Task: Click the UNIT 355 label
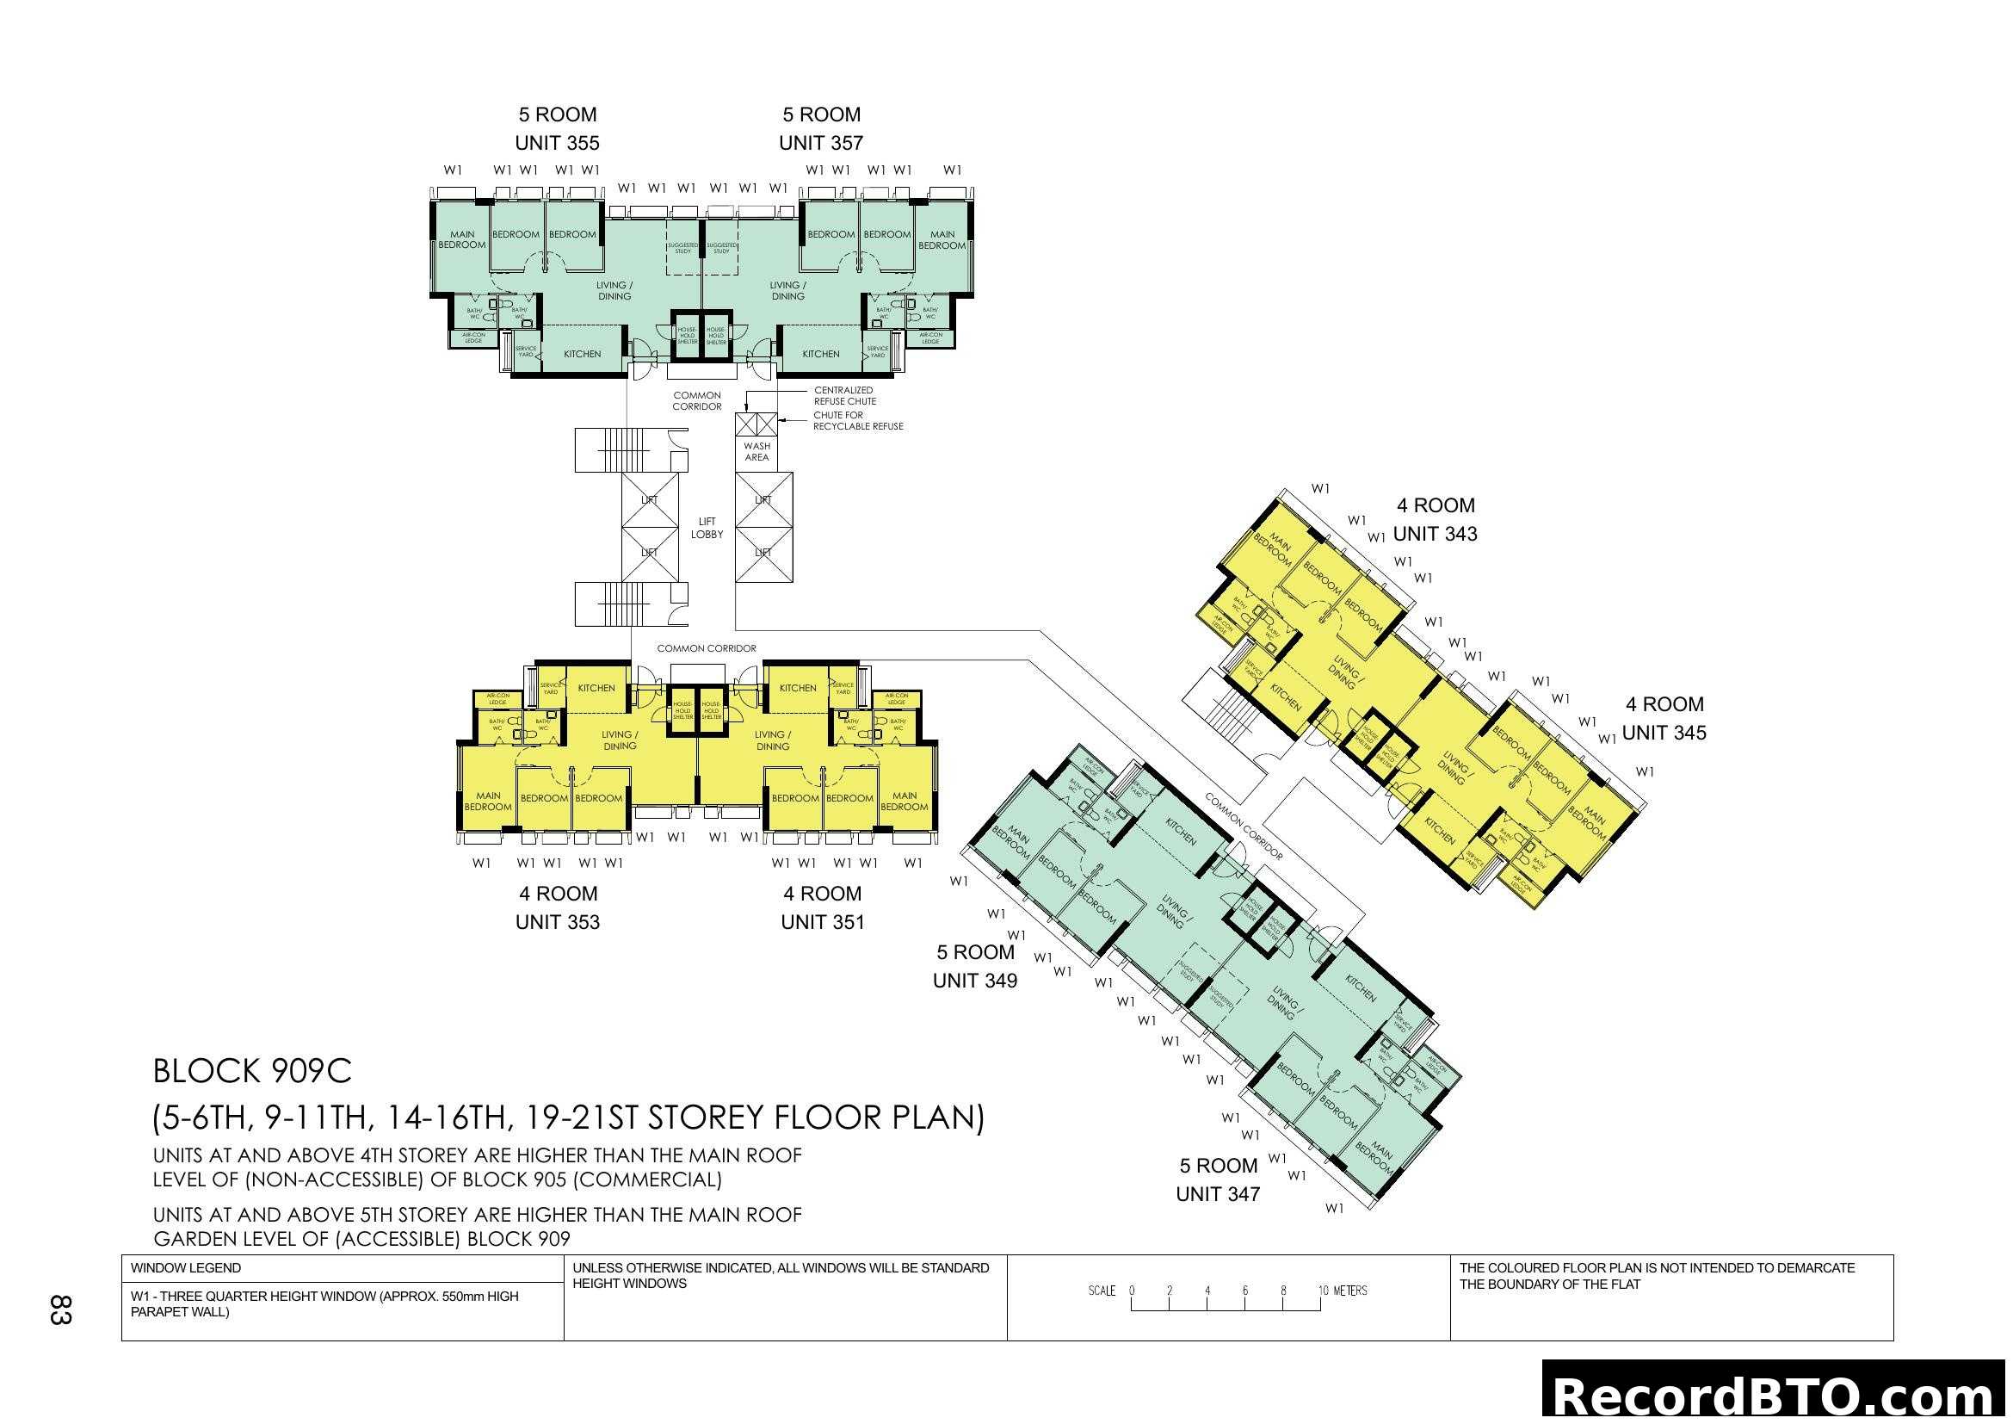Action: (x=557, y=142)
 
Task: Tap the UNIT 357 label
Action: (x=821, y=142)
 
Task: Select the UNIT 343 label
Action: (x=1435, y=533)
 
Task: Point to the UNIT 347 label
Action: (x=1217, y=1193)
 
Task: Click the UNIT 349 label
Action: (x=974, y=981)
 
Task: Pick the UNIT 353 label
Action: (x=557, y=921)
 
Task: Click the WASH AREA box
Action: (x=756, y=452)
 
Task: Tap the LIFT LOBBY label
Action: (x=707, y=527)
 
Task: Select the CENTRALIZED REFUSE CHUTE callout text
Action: (x=843, y=395)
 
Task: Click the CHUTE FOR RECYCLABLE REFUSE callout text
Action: (x=856, y=420)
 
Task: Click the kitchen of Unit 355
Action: (x=582, y=353)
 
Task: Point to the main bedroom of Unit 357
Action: (x=942, y=239)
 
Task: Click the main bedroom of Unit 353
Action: (x=487, y=801)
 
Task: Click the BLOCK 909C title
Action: (x=251, y=1071)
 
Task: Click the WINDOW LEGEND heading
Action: (x=185, y=1268)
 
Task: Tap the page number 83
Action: (x=59, y=1309)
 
